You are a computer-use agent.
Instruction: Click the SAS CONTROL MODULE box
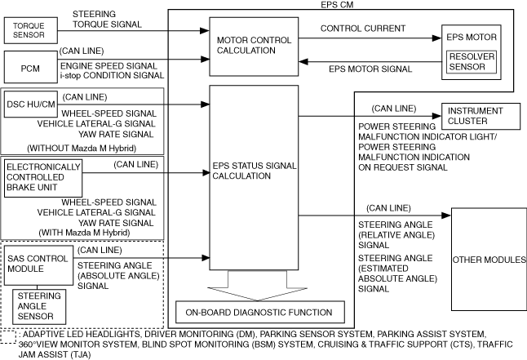pos(38,263)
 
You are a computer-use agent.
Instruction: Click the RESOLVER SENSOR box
pos(468,62)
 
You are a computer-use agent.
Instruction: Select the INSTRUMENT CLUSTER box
pos(482,116)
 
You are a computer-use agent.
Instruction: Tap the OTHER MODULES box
pos(488,260)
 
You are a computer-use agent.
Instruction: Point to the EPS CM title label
pos(337,5)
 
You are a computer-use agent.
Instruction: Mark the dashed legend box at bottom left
pos(8,336)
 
